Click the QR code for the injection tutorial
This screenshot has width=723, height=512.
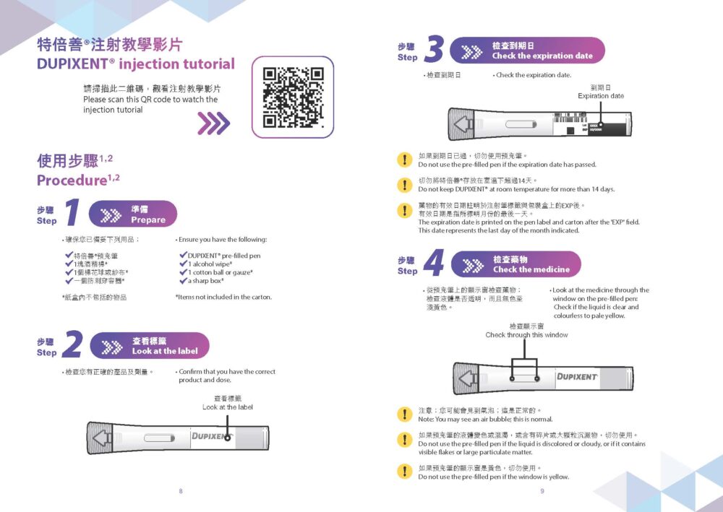(293, 97)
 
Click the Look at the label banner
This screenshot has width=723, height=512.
(150, 346)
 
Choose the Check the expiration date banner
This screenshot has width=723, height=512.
(528, 51)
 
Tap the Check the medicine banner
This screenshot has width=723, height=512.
(516, 264)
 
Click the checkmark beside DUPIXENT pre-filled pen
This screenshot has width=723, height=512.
(182, 255)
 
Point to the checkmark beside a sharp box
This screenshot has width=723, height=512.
(182, 280)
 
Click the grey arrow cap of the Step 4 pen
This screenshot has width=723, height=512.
(469, 378)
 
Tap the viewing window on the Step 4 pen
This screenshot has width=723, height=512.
(524, 378)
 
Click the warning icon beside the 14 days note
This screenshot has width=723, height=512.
(404, 184)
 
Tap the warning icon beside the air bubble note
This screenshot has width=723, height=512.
(404, 415)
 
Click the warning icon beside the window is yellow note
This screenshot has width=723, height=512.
(404, 472)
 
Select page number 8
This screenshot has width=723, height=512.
(181, 492)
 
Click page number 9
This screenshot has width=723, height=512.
(542, 492)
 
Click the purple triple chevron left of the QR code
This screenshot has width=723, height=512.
(213, 123)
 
